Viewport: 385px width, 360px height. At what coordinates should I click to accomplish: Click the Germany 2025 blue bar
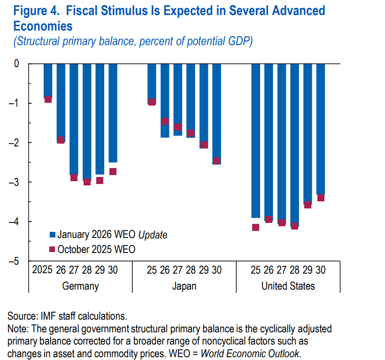point(48,81)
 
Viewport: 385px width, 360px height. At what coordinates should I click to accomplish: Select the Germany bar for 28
point(87,122)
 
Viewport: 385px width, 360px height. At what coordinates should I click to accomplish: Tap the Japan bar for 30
point(216,113)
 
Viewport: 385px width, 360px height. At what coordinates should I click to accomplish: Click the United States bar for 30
point(321,129)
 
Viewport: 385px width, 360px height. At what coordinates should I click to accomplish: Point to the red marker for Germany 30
point(113,171)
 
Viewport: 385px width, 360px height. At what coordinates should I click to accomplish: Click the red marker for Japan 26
point(165,121)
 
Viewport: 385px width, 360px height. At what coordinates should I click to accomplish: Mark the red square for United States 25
point(255,227)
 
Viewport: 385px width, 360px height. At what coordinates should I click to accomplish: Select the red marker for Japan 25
point(152,102)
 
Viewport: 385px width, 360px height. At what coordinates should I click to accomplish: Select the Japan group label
point(184,286)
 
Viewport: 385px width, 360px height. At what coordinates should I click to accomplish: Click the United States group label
point(288,286)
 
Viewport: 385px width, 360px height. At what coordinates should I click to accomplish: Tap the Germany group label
point(80,286)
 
